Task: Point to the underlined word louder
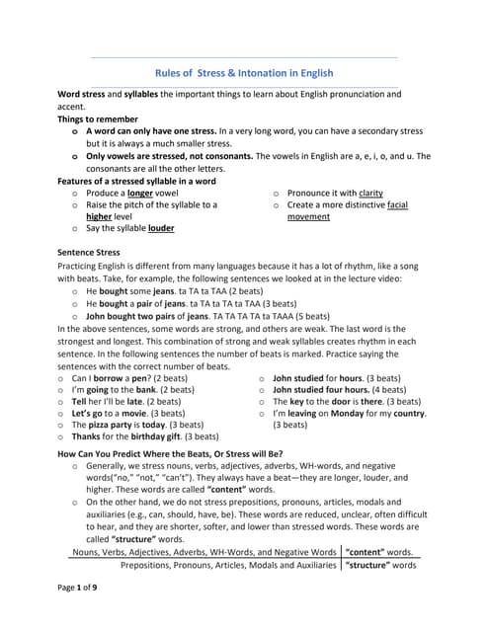coord(161,227)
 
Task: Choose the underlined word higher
coord(99,216)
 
